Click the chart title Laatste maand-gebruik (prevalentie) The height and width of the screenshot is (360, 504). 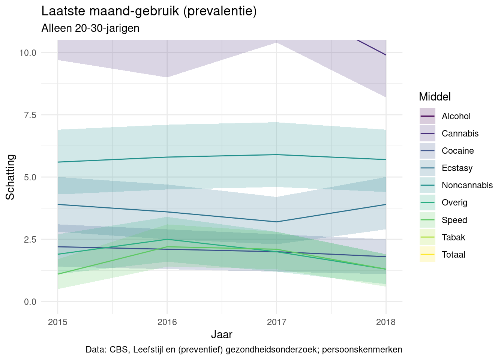click(x=149, y=11)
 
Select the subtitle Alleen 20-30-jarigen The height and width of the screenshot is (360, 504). click(x=90, y=28)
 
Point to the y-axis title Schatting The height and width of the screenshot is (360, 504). click(x=10, y=177)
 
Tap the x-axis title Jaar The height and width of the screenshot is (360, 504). click(x=222, y=334)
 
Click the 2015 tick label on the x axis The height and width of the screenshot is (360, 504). click(x=57, y=322)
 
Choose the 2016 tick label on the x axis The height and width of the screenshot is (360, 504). click(x=167, y=322)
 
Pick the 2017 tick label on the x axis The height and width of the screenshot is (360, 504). click(x=276, y=322)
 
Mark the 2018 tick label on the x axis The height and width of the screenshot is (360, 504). click(x=386, y=322)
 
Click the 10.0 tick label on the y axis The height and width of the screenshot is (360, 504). click(x=28, y=52)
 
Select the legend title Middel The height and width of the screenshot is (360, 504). click(x=435, y=97)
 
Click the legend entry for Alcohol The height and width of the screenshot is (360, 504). click(x=456, y=116)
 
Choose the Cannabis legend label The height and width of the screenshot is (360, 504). click(x=460, y=133)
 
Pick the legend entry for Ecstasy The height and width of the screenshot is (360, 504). click(x=457, y=168)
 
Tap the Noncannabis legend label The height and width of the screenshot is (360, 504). click(x=467, y=185)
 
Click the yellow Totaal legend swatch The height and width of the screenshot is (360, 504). click(x=427, y=255)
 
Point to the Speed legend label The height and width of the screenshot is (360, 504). click(x=454, y=220)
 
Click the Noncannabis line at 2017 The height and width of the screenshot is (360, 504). click(x=276, y=154)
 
